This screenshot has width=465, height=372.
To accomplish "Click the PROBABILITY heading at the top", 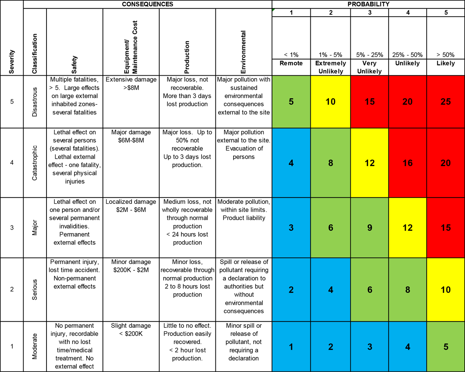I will click(369, 4).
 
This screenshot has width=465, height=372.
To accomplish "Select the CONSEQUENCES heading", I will click(147, 4).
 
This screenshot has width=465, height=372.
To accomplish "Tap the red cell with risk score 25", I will click(446, 102).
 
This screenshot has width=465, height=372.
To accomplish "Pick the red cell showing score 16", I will click(407, 163).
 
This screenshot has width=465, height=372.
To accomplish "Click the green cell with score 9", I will click(369, 227).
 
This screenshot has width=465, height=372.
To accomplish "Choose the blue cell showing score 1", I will click(291, 347).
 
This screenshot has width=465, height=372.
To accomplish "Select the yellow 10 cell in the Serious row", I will click(446, 289).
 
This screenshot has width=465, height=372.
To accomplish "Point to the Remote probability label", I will click(291, 63).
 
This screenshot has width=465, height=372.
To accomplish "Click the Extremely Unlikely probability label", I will click(331, 67).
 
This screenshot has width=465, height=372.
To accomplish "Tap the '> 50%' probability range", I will click(446, 55).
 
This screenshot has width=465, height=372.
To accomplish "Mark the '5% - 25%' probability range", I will click(369, 55).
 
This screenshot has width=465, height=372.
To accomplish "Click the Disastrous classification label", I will click(34, 102).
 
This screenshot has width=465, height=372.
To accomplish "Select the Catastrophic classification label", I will click(34, 163).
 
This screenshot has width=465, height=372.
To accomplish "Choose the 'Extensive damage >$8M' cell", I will click(131, 84).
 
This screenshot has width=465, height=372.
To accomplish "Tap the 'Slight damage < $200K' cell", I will click(131, 330).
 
